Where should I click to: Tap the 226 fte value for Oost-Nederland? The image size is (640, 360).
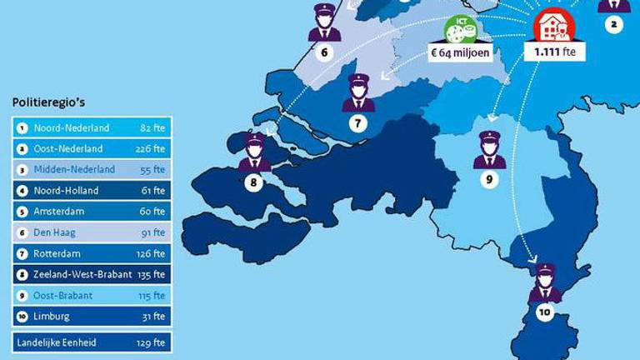[153, 149]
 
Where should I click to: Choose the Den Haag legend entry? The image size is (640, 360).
[56, 232]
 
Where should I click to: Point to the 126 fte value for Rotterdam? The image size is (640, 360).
[153, 253]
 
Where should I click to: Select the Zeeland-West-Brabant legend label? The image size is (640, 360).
[82, 274]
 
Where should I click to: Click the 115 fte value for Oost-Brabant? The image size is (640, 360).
[153, 295]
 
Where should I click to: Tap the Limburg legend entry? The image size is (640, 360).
[52, 316]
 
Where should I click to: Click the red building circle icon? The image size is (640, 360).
[552, 27]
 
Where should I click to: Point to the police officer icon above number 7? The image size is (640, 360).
[357, 93]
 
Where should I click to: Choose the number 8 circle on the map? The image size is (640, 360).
[254, 181]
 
